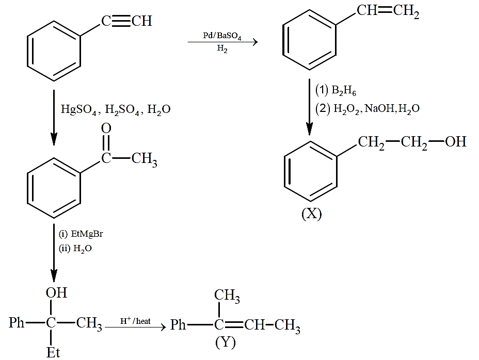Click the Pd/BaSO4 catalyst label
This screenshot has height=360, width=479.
[222, 36]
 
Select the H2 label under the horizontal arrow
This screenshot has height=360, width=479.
[222, 48]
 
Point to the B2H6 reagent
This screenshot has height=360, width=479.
[344, 91]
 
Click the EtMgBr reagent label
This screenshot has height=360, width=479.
[87, 234]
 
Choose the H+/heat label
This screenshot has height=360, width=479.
[135, 321]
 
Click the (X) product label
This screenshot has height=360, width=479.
[311, 214]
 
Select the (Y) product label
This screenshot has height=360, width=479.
[226, 342]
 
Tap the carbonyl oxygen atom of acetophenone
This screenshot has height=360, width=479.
[106, 128]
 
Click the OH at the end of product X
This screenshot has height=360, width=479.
[455, 142]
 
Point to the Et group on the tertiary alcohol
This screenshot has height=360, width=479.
[53, 353]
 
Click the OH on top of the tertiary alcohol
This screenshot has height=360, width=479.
[56, 293]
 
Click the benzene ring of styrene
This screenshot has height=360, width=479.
[309, 40]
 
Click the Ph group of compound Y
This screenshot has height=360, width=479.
[178, 324]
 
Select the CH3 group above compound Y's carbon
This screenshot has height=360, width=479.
[227, 296]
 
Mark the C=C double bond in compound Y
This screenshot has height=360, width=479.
[234, 325]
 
